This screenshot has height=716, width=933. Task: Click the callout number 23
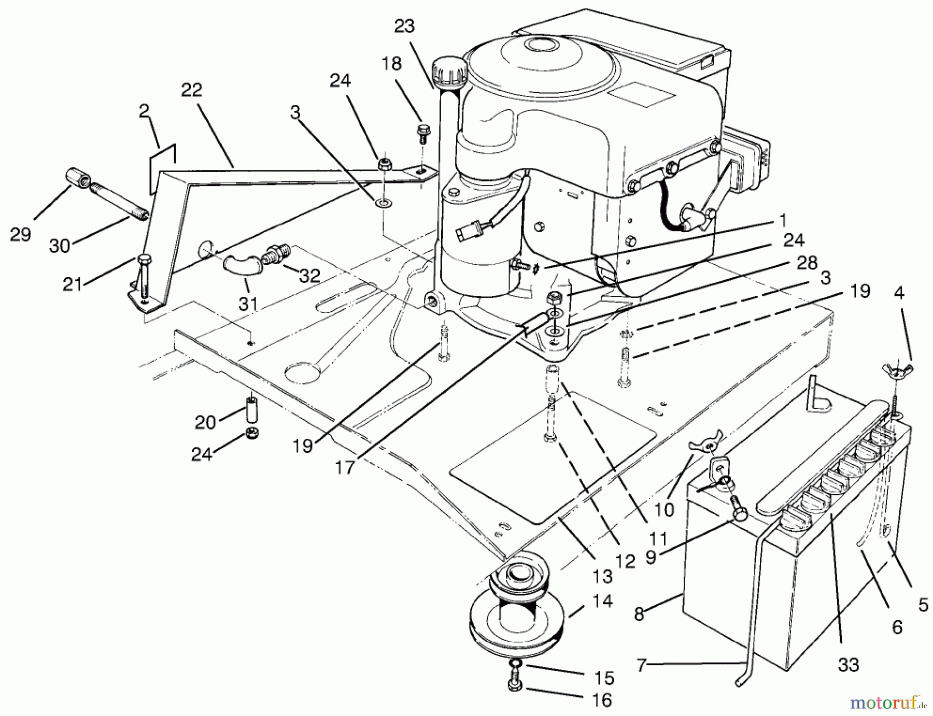tap(404, 26)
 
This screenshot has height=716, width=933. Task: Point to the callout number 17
tap(345, 467)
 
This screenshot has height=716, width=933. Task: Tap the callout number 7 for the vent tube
tap(642, 665)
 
